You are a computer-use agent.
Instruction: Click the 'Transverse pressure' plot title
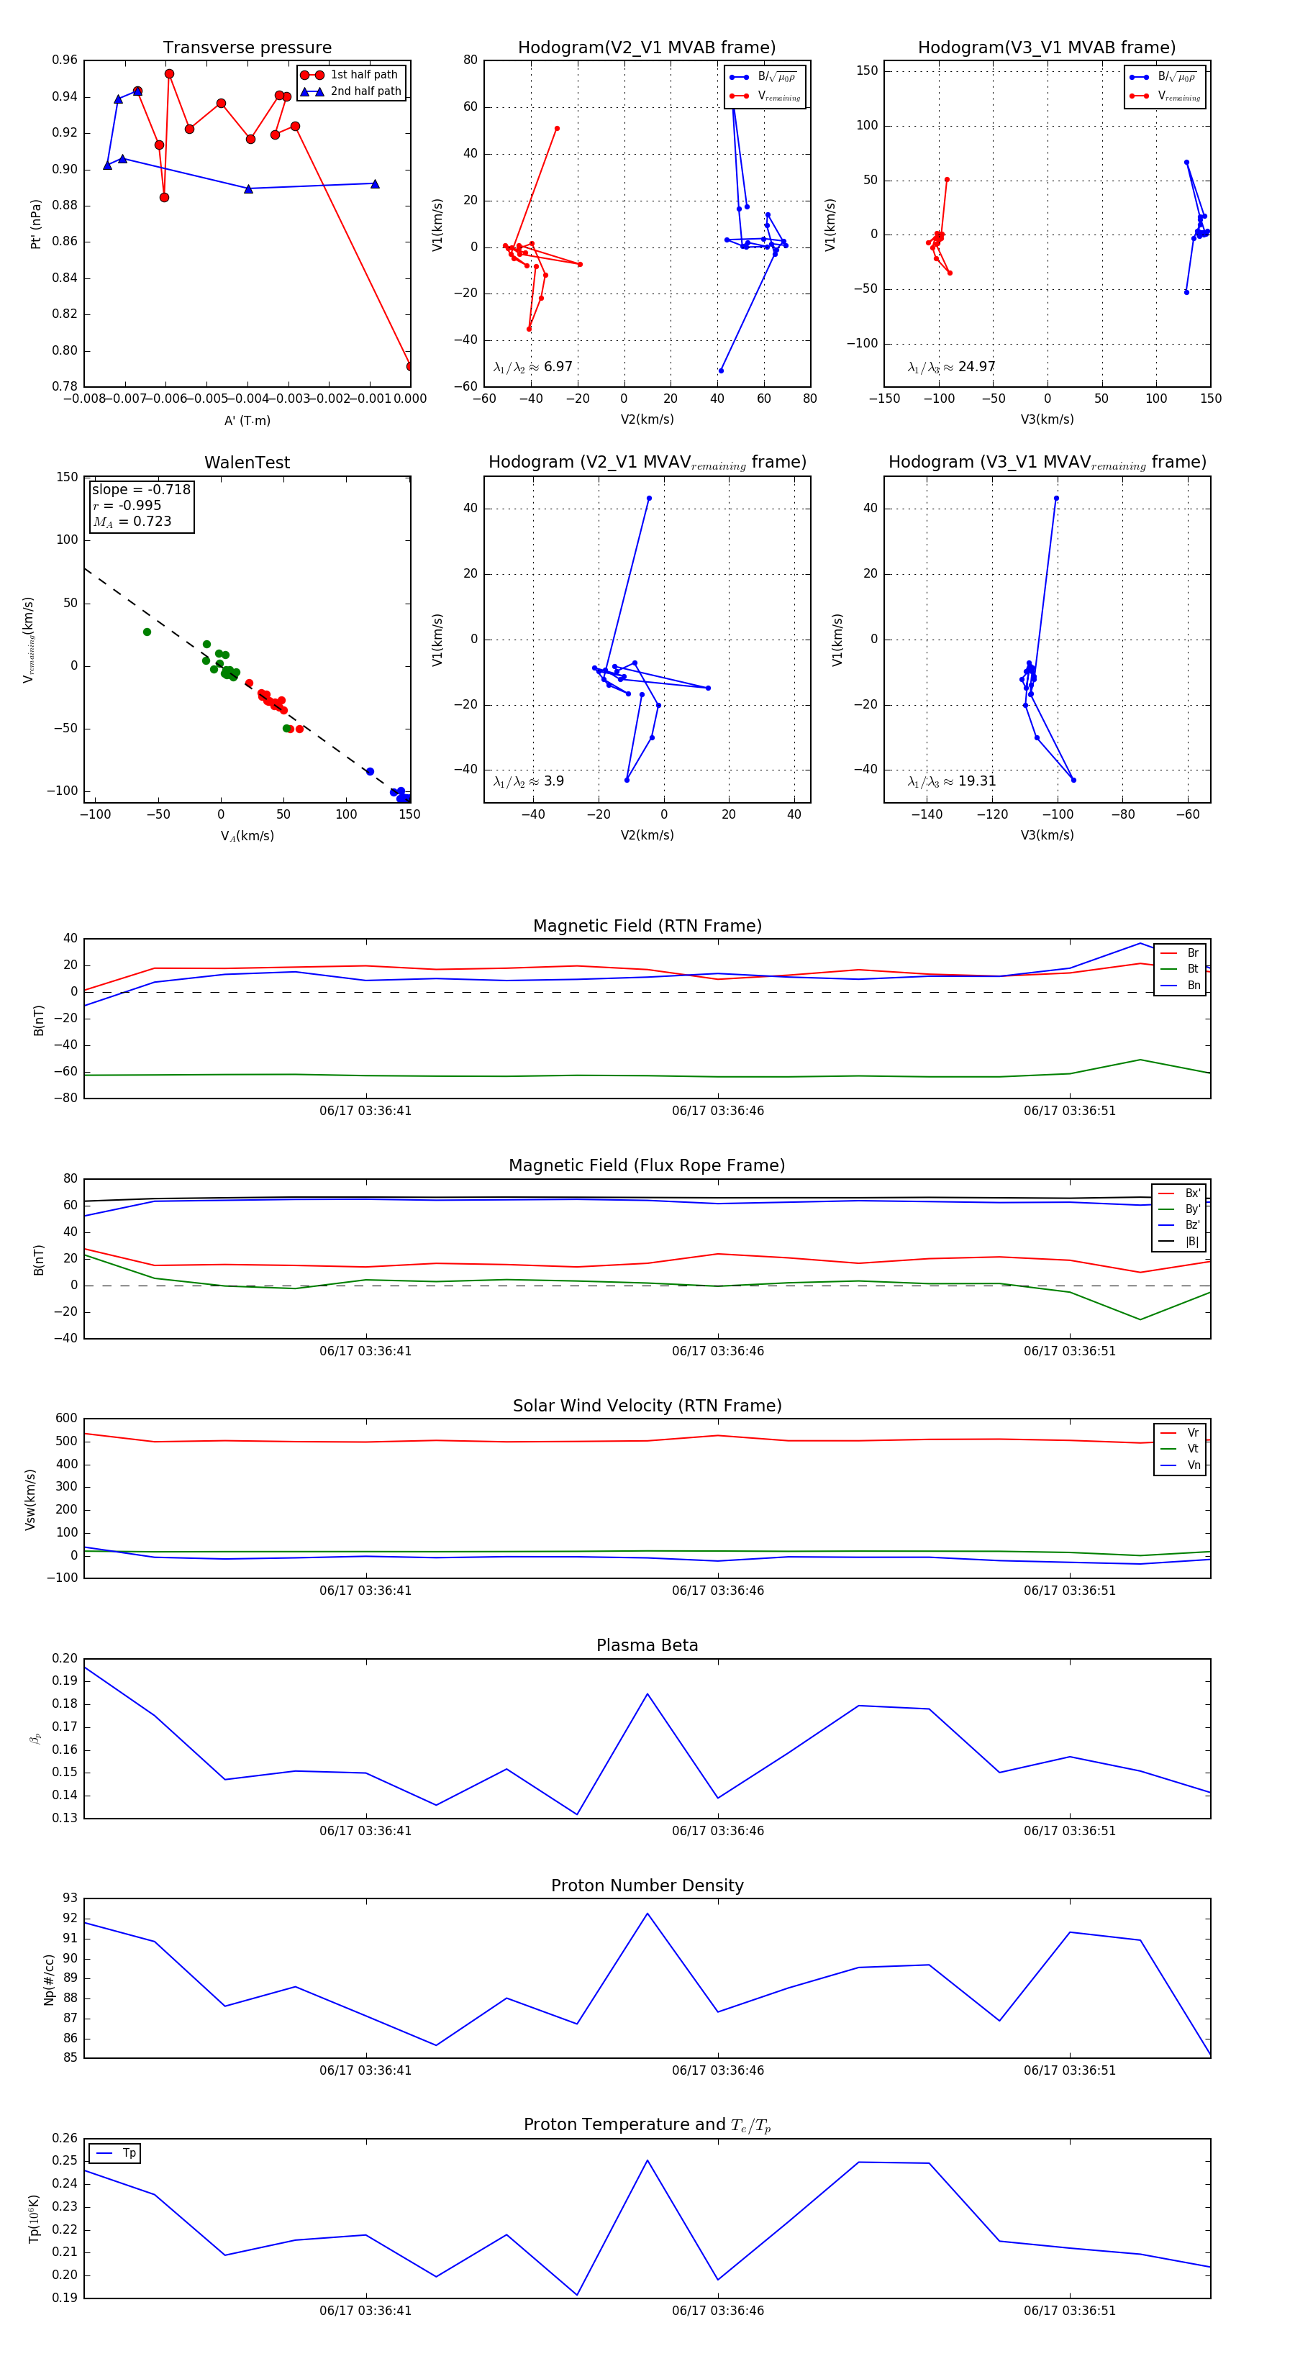point(247,48)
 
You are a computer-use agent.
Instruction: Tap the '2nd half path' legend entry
point(365,91)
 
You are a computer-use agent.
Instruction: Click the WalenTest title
point(247,463)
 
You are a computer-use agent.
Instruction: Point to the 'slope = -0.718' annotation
point(141,489)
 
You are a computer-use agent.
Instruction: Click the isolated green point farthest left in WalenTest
point(147,632)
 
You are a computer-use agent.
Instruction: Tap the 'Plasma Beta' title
point(647,1646)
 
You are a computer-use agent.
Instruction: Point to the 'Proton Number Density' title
point(647,1886)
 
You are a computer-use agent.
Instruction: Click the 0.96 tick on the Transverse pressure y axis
point(65,60)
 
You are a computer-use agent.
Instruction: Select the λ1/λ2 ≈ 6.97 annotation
point(532,367)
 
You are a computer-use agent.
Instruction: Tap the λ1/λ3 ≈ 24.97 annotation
point(951,367)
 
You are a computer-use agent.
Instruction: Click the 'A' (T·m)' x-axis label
point(247,420)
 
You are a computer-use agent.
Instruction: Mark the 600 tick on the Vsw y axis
point(66,1419)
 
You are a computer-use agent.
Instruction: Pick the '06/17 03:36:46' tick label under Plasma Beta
point(717,1830)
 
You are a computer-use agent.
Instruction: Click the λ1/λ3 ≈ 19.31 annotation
point(951,781)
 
